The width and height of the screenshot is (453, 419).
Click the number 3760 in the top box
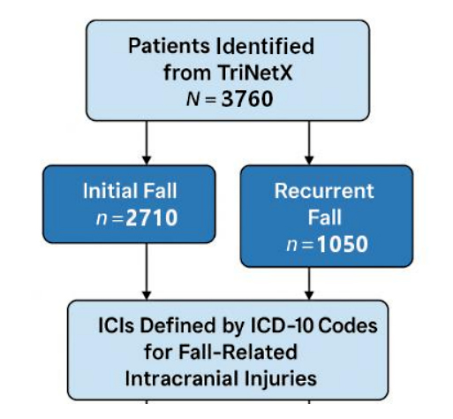coord(247,99)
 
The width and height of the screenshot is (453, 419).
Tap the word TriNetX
coord(255,72)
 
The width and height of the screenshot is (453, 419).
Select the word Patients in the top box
coord(169,46)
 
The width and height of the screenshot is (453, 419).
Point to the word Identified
coord(265,46)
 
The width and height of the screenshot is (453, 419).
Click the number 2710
coord(152,218)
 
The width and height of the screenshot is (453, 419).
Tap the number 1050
coord(343,244)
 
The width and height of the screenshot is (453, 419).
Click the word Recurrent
coord(324,191)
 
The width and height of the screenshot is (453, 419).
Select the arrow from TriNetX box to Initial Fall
coord(147,142)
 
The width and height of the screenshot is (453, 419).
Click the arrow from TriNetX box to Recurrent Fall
coord(309,142)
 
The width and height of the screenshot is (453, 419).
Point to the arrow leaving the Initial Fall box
coord(147,271)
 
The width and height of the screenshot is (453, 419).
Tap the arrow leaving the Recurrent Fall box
coord(309,284)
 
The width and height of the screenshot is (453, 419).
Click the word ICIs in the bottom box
coord(116,325)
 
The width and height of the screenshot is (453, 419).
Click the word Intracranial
coord(182,378)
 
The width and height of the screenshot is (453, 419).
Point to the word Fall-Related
coord(238,352)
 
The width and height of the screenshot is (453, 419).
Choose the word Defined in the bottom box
coord(177,325)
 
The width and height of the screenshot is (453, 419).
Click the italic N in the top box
coord(193,99)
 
